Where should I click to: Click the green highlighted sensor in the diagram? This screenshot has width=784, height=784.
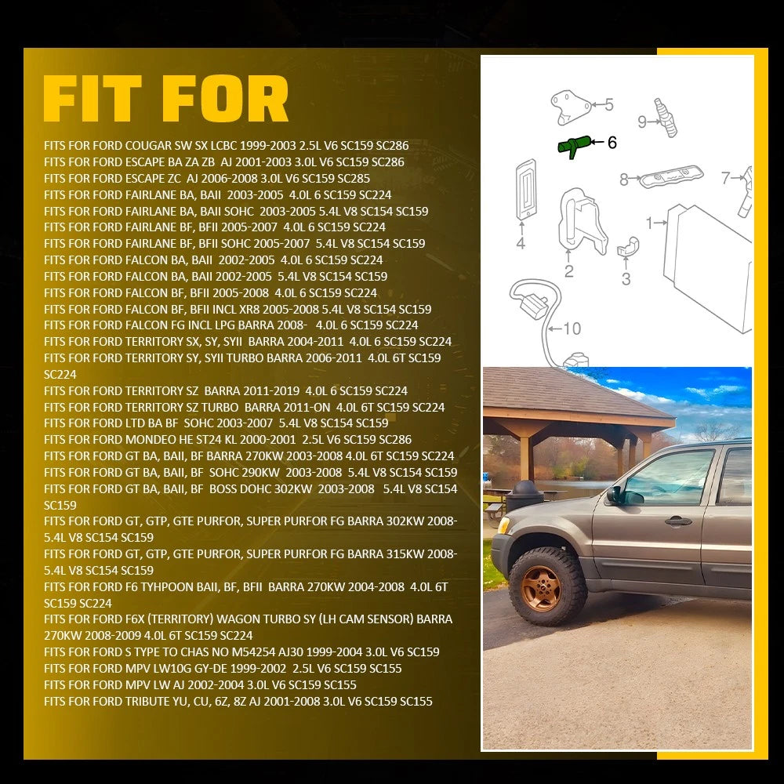574,146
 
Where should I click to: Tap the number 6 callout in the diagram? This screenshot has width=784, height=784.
612,143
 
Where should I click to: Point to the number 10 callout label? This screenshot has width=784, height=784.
572,328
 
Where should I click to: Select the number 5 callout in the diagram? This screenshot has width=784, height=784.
608,104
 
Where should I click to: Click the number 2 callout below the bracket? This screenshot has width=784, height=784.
569,271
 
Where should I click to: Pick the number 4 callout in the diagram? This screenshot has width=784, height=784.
521,243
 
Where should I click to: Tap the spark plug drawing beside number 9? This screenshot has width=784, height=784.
666,118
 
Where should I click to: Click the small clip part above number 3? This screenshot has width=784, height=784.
628,246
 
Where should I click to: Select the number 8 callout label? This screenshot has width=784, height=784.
623,179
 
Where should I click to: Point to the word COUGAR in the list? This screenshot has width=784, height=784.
148,146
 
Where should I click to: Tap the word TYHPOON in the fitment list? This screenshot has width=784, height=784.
165,586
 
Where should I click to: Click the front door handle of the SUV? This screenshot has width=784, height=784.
678,521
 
